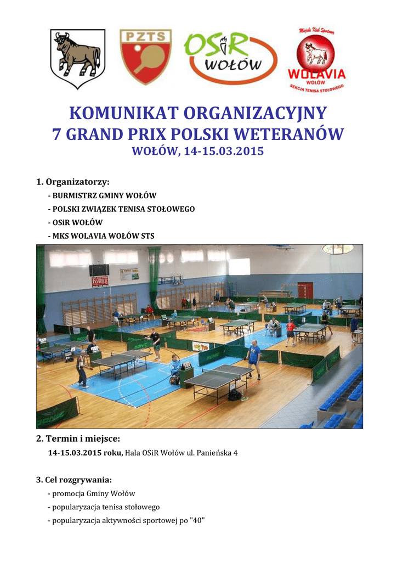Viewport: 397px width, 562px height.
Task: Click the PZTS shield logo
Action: pos(145,57)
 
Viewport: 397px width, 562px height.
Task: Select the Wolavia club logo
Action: pos(317,60)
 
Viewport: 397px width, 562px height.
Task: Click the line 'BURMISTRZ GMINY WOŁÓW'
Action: pos(102,196)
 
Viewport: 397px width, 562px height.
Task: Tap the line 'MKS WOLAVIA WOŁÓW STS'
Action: pos(101,236)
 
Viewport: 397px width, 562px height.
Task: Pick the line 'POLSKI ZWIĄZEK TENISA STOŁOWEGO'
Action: pos(121,209)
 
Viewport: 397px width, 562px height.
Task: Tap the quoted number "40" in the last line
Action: pos(196,520)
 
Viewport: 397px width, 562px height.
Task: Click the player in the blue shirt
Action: pos(253,357)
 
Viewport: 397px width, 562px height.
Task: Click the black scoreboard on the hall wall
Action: pos(99,270)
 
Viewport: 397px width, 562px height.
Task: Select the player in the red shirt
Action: pos(290,331)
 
